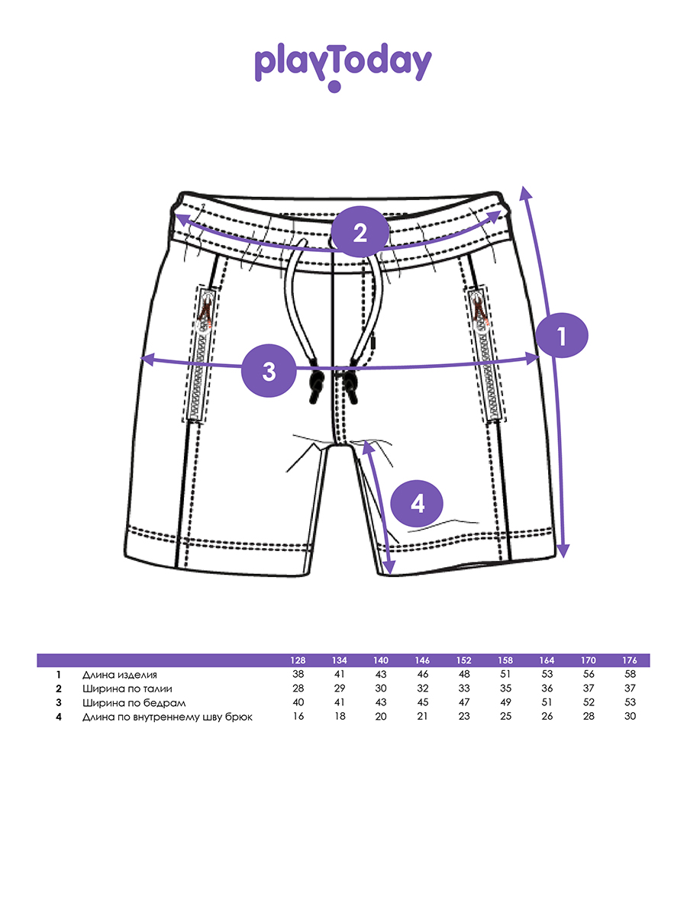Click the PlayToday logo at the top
point(343,65)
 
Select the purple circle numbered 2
point(359,231)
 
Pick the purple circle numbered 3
point(268,372)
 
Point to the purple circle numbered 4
point(417,504)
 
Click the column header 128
point(298,660)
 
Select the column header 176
point(630,660)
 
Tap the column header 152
point(463,660)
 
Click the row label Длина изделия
point(120,675)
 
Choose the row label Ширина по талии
point(127,689)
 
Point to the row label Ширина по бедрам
point(134,702)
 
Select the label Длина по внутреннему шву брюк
point(167,717)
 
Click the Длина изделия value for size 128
point(298,675)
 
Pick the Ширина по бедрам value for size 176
point(630,702)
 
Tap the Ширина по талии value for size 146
point(422,689)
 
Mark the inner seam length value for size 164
point(547,717)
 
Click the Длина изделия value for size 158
point(505,675)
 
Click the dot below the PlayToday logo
point(334,87)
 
